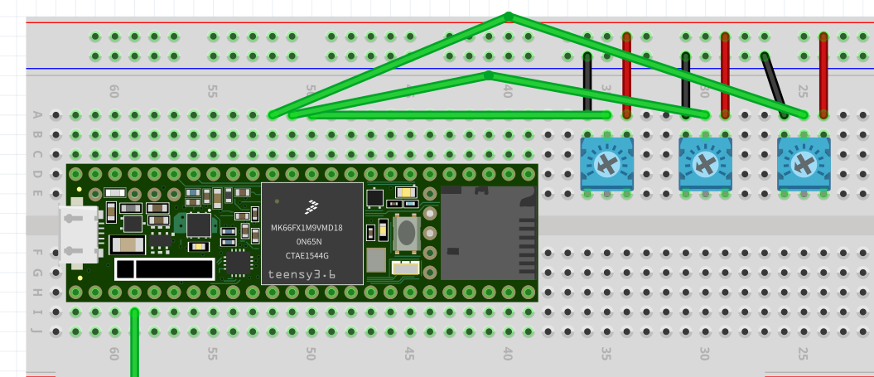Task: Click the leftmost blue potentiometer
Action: (606, 163)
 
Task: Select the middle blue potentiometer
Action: (705, 163)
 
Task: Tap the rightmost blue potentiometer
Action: (804, 163)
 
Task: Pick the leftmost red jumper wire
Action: (627, 76)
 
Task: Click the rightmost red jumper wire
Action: (823, 76)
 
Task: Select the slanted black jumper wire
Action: (775, 85)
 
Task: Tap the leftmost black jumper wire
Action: (587, 83)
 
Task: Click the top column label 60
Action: (113, 92)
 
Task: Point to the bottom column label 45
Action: (408, 353)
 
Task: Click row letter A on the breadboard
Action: (36, 115)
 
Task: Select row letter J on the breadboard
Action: (36, 331)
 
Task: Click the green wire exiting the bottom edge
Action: (135, 356)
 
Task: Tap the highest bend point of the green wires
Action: (509, 16)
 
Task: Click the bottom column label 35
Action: (606, 353)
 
